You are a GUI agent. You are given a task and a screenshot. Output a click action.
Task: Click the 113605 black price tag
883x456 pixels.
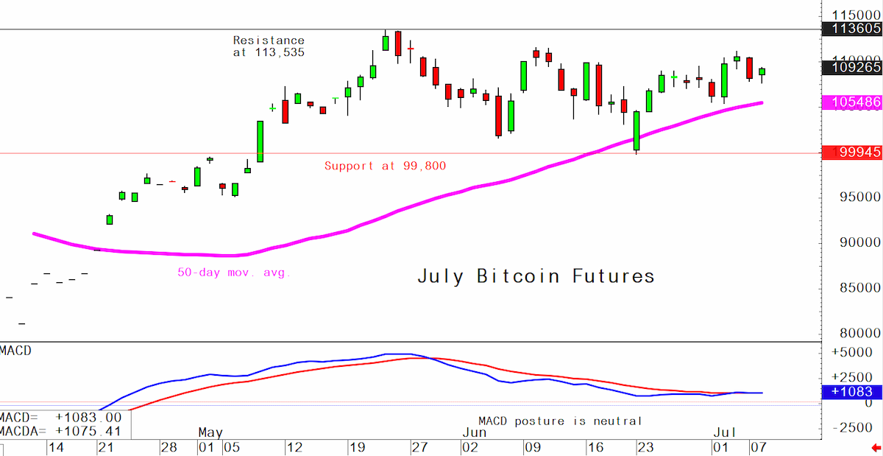(x=852, y=29)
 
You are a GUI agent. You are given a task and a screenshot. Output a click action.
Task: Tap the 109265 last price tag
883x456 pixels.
(x=852, y=68)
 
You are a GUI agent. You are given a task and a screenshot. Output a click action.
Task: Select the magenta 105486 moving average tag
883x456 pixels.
(x=852, y=102)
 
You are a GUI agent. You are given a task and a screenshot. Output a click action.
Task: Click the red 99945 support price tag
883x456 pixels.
(x=852, y=152)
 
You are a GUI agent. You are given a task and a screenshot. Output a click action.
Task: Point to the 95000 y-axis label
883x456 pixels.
(x=859, y=197)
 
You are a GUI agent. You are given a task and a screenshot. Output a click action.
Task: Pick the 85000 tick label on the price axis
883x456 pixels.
(x=859, y=288)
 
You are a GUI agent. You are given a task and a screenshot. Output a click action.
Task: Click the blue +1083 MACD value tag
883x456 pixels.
(x=852, y=392)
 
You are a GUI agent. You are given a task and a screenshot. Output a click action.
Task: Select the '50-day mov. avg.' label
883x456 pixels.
(x=234, y=273)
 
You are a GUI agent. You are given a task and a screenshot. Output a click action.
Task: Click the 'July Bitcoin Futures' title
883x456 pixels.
(x=536, y=276)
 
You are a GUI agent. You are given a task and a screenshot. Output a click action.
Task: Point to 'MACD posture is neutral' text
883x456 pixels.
(x=560, y=421)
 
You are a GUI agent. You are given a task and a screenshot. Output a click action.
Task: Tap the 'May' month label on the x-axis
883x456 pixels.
(x=210, y=432)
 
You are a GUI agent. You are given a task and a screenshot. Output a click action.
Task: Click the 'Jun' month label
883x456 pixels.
(x=474, y=432)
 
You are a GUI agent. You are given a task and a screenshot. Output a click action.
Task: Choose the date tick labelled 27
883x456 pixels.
(x=419, y=447)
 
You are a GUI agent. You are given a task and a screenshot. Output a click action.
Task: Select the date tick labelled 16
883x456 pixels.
(x=595, y=447)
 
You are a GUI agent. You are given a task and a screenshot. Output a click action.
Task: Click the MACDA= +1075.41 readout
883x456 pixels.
(x=60, y=432)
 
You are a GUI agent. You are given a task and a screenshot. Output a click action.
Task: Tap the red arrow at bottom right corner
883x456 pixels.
(x=876, y=448)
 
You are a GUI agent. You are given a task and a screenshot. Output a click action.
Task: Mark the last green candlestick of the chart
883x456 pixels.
(x=762, y=71)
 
